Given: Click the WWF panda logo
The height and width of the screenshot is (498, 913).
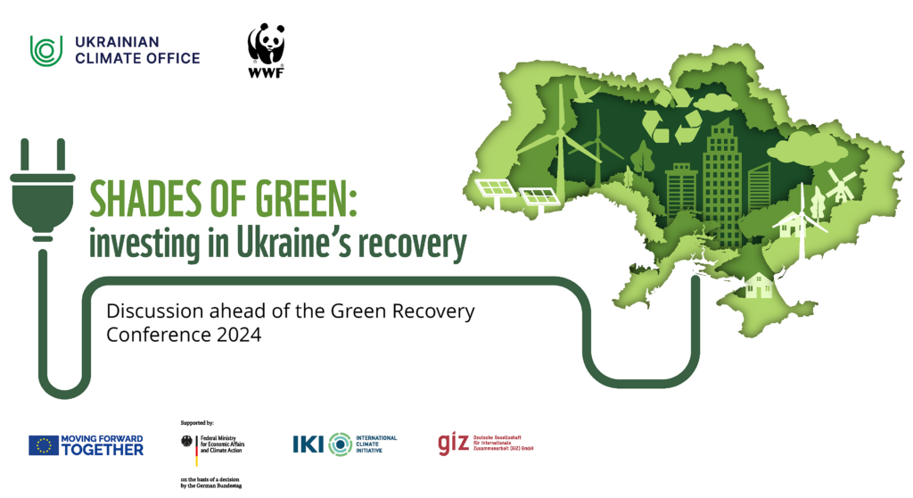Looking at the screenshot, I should [267, 47].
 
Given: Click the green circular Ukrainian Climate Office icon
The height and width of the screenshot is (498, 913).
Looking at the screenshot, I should [45, 50].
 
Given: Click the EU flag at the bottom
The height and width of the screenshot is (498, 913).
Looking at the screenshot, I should [43, 444].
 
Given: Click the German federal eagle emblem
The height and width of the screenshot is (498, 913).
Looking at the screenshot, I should [186, 440].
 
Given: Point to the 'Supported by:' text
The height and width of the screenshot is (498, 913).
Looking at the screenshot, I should [196, 421].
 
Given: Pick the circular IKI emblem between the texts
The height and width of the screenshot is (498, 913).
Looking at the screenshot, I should [340, 444].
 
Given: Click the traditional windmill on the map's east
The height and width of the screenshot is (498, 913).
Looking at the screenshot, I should [838, 185].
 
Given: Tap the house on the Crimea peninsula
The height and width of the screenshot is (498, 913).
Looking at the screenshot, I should [759, 286].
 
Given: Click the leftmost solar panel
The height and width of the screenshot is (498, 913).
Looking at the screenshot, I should [495, 189].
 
